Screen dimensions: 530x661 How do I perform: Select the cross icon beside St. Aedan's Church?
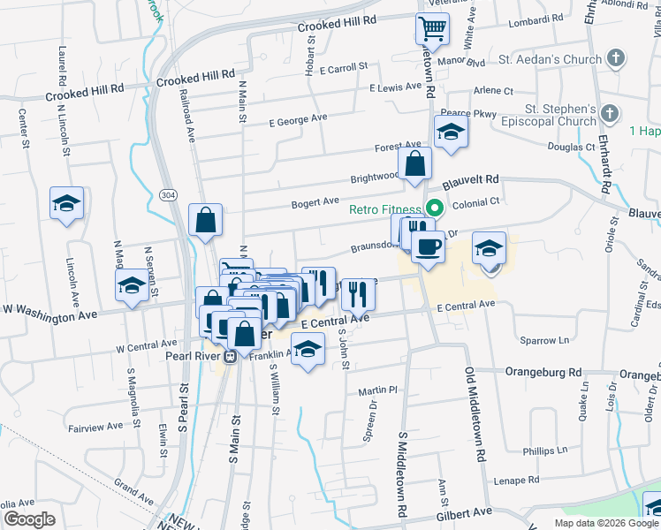(616, 60)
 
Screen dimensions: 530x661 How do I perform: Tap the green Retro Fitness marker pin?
(434, 209)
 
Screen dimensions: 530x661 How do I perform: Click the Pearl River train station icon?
(230, 357)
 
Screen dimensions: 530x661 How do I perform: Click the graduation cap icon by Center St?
(67, 203)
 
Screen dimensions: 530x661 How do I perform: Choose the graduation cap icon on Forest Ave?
(450, 132)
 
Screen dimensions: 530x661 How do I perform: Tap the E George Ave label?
(299, 118)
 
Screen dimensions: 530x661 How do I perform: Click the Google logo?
(29, 519)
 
